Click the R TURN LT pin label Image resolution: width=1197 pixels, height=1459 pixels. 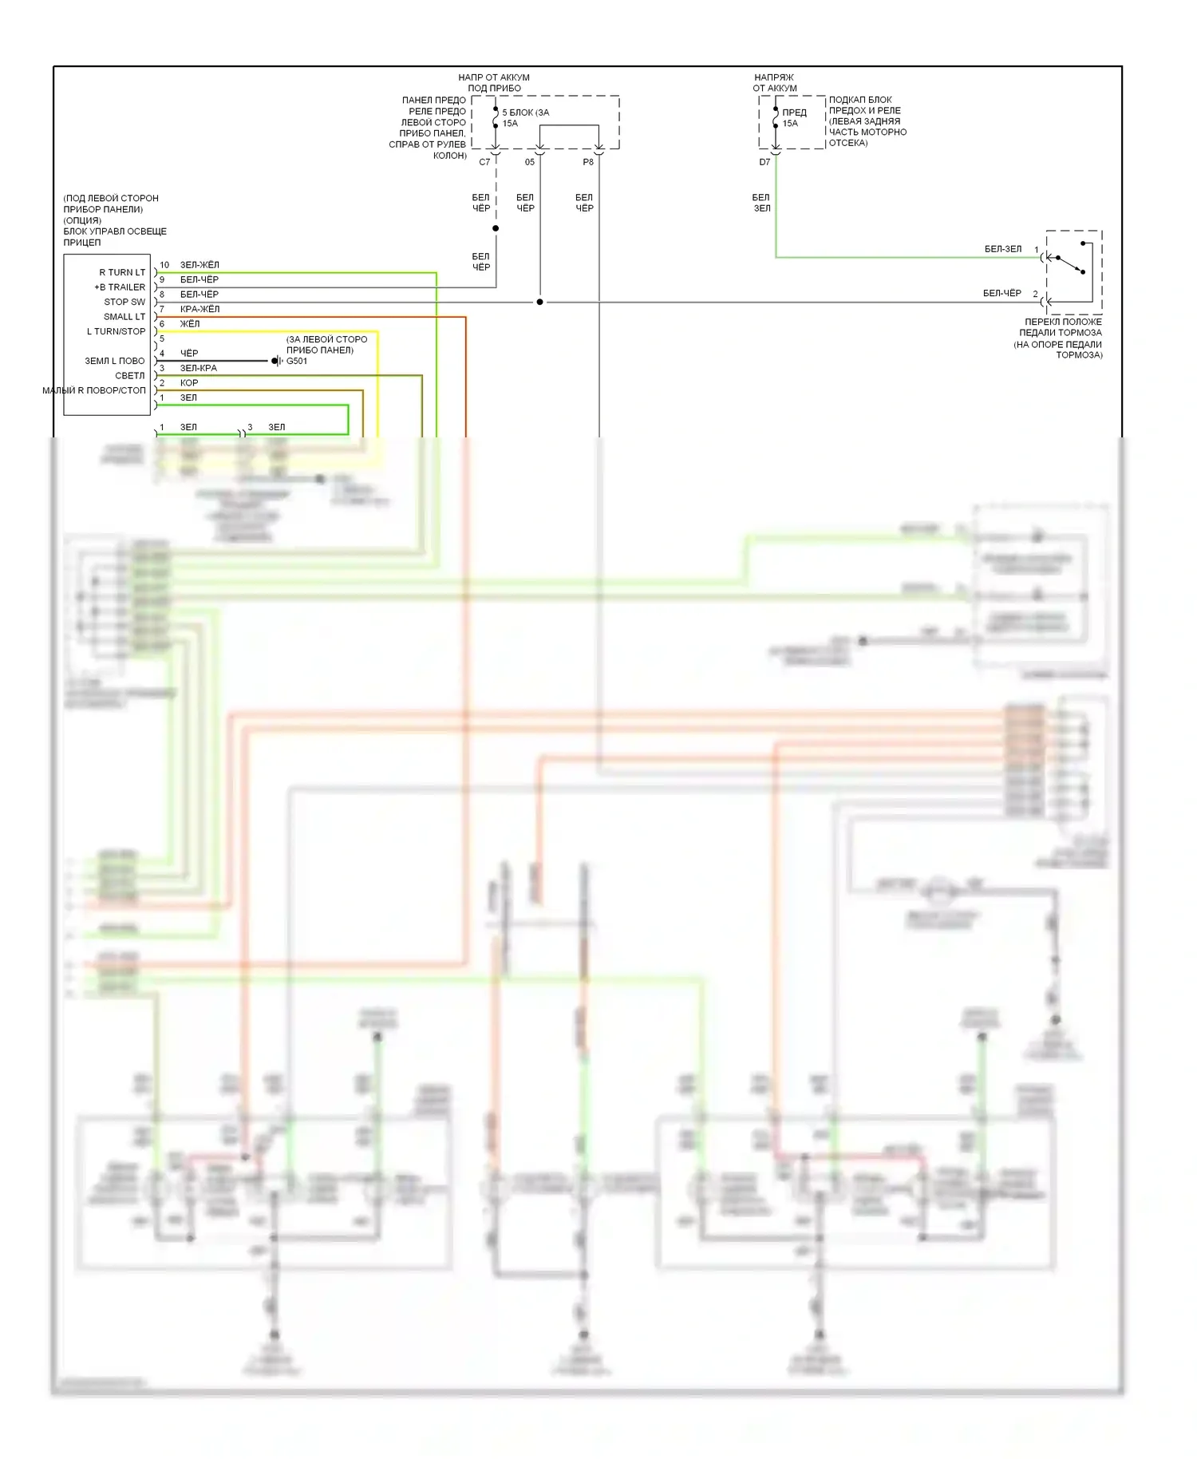tap(122, 272)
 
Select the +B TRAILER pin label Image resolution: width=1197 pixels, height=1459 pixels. tap(120, 287)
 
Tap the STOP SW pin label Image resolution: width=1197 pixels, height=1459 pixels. tap(124, 302)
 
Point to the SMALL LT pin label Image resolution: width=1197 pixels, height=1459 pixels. tap(124, 317)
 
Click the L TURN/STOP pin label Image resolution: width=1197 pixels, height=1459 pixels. tap(116, 331)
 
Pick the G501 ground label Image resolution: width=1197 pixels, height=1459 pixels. tap(297, 361)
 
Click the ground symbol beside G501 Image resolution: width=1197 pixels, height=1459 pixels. tap(275, 361)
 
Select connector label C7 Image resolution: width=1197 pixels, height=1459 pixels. tap(484, 162)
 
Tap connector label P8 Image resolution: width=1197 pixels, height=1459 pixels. tap(588, 162)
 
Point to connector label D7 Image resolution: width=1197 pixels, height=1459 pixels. tap(764, 162)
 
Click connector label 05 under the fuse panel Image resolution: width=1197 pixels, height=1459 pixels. tap(530, 162)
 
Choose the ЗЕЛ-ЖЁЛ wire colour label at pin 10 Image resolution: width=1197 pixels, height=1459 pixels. tap(199, 265)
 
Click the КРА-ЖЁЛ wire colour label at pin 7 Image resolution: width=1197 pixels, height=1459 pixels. tap(199, 309)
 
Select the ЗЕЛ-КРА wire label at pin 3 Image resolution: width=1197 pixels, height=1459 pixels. tap(198, 368)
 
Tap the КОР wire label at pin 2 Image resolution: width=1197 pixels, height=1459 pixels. tap(189, 383)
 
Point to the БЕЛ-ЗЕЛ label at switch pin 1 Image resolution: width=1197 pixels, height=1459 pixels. tap(1003, 249)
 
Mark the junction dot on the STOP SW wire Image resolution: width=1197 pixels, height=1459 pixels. tap(539, 302)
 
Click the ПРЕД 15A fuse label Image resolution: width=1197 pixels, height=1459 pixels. tap(793, 117)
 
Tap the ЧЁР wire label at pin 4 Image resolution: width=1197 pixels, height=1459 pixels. tap(189, 354)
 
